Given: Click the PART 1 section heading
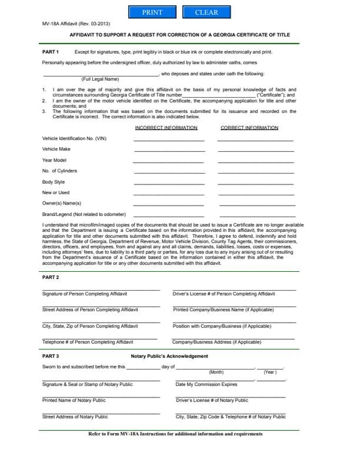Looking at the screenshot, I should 50,52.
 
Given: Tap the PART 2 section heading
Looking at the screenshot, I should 50,277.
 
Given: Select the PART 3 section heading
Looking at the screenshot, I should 50,356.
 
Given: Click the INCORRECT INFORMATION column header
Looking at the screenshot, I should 166,128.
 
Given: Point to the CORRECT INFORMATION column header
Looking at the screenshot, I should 249,128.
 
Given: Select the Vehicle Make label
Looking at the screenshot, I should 56,149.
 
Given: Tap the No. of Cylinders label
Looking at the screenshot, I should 59,171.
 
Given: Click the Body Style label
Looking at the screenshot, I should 53,182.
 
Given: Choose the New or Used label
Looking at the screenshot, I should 56,192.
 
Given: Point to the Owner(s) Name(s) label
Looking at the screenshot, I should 61,203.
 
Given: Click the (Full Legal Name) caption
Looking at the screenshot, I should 100,79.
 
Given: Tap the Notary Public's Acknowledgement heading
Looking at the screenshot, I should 169,356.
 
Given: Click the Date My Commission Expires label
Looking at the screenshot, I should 206,385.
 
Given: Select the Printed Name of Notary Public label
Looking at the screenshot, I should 73,400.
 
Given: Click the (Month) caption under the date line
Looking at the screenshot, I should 216,372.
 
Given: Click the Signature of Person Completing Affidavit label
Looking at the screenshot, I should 84,294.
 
